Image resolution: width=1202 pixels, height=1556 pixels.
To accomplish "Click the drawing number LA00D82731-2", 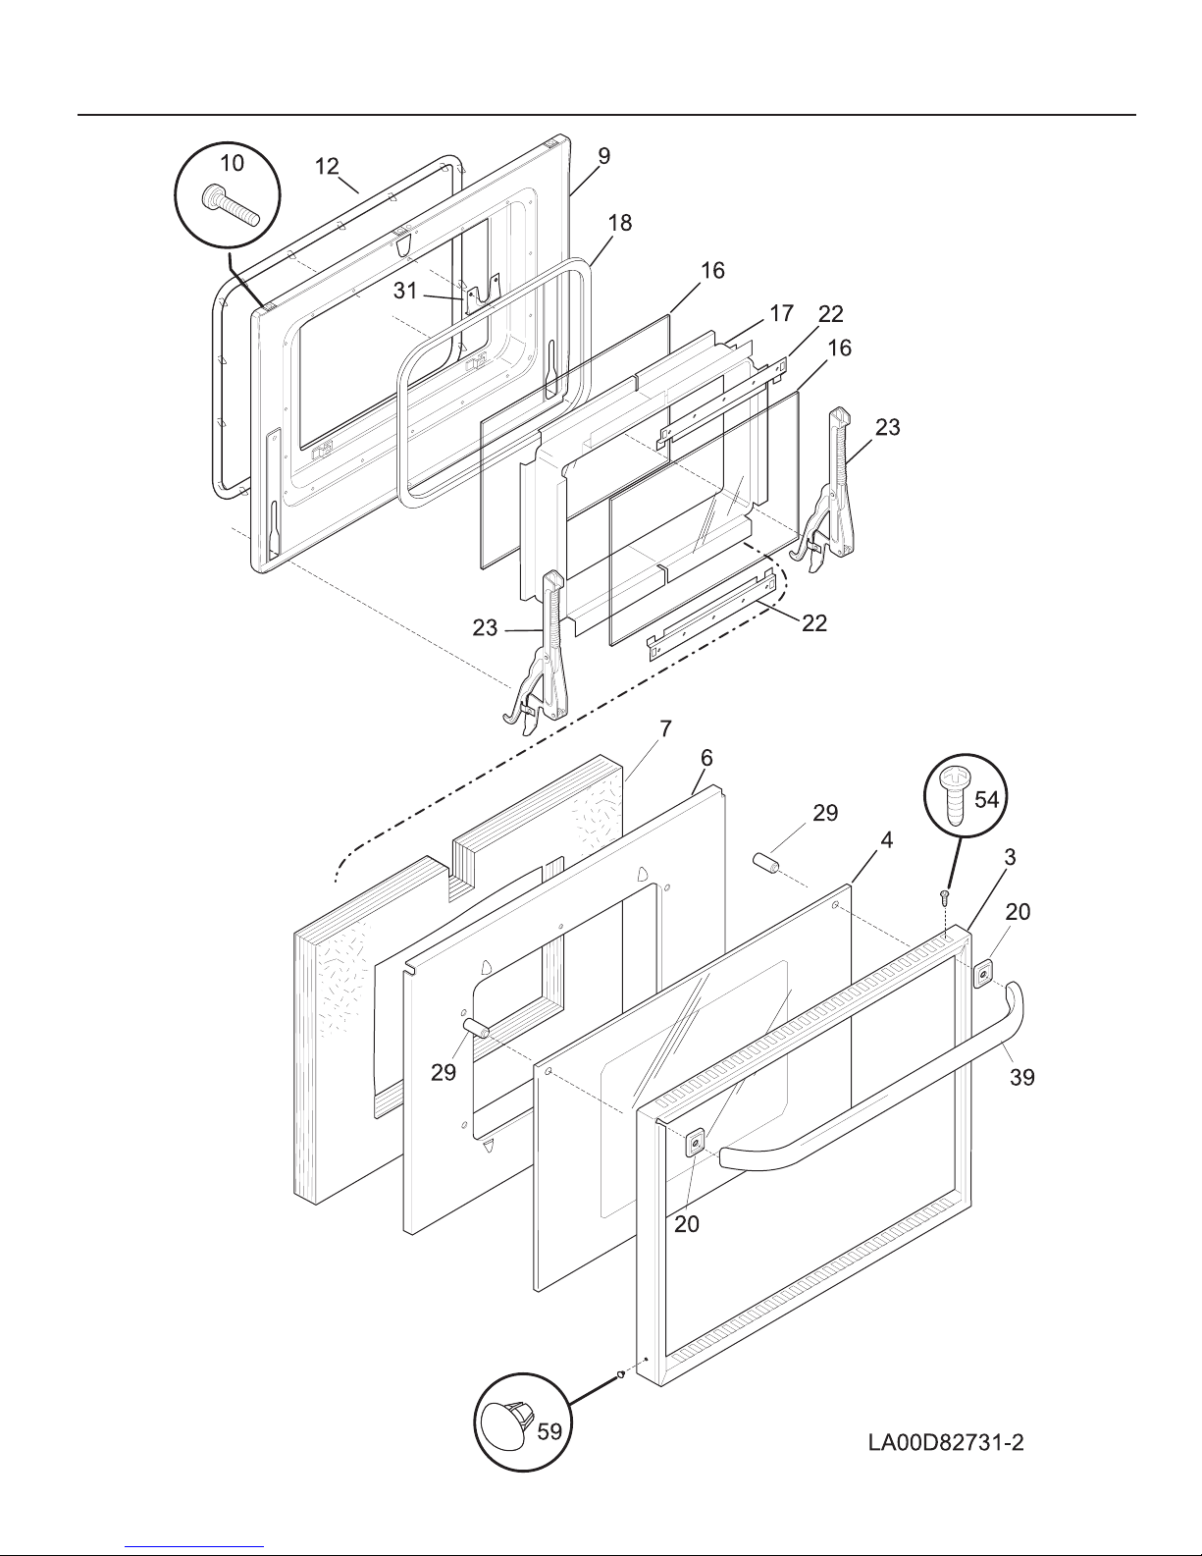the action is click(946, 1442).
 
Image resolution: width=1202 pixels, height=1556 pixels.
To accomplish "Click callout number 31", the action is click(405, 291).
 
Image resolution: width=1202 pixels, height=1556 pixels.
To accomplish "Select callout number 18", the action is click(619, 223).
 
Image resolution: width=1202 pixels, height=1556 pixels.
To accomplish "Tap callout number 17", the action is click(781, 313).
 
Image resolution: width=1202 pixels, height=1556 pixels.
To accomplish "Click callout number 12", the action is click(327, 166).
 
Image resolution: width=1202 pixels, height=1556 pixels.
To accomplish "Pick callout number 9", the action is click(603, 156).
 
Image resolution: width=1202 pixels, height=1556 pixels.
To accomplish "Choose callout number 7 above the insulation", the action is click(665, 729).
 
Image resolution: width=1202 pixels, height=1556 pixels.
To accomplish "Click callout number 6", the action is click(706, 758).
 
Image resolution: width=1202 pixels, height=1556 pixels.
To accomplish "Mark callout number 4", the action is click(886, 840).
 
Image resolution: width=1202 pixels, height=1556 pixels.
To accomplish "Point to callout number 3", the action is click(1010, 857).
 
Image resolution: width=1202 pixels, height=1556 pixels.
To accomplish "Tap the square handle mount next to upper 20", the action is click(984, 974).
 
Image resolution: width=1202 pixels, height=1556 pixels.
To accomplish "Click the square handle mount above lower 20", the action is click(694, 1143).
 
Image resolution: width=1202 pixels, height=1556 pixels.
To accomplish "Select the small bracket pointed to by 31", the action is click(480, 292).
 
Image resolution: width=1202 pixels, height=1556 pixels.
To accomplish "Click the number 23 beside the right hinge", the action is click(887, 427).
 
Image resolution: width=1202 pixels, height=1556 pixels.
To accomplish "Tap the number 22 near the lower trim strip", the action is click(814, 623).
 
